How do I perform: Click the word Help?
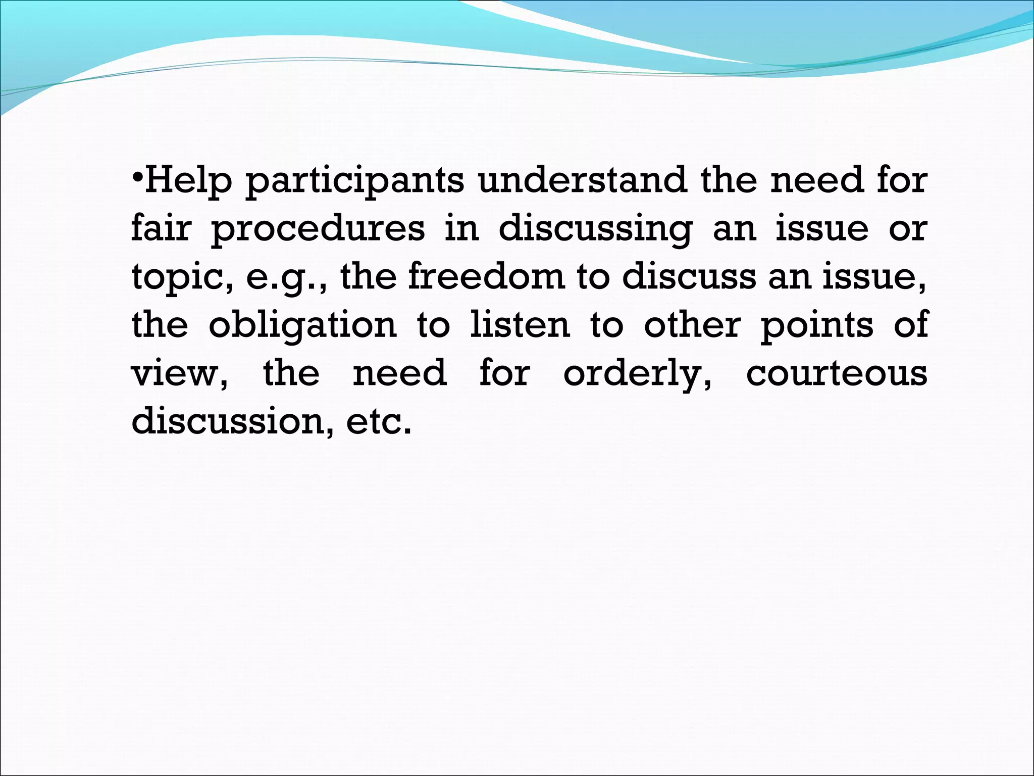click(x=188, y=181)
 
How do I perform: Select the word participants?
click(x=354, y=181)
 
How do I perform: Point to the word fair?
click(x=161, y=228)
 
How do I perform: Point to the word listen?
click(x=520, y=324)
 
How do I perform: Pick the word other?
click(x=692, y=324)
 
